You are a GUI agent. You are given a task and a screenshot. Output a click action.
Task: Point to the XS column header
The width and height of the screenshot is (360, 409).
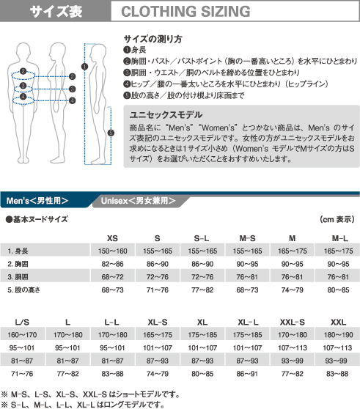coord(112,237)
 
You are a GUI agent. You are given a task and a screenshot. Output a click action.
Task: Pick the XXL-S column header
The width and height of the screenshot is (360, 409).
coord(293,322)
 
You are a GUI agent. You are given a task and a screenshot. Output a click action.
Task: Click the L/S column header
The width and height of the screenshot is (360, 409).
coord(22,322)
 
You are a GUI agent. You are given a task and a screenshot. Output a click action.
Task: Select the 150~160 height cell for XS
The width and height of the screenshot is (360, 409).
coord(112,251)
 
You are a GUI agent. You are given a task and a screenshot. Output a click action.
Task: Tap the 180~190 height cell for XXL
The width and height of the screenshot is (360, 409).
coord(338,335)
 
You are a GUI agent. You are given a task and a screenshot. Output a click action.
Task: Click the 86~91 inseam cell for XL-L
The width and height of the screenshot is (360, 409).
coord(247,374)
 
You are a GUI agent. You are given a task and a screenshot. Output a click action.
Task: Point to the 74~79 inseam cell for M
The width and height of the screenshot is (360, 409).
coord(293,290)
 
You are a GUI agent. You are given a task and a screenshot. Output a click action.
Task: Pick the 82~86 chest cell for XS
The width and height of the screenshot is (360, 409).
coord(112,263)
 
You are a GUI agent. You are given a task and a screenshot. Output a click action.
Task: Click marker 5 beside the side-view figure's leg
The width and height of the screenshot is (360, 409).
coord(111,133)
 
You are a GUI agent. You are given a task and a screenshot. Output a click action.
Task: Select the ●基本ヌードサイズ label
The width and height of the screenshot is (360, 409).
coord(37,218)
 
